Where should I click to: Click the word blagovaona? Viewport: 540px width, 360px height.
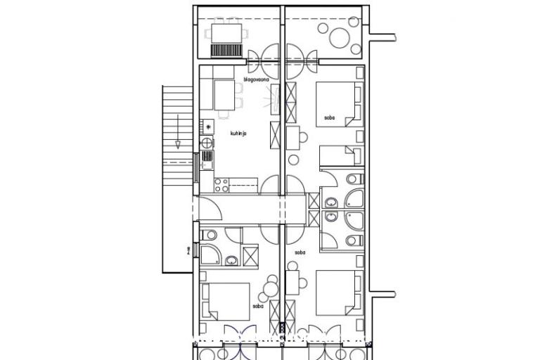click(x=258, y=79)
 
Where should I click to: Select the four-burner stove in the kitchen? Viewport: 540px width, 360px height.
click(x=221, y=185)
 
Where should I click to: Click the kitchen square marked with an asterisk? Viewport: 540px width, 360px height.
click(x=208, y=127)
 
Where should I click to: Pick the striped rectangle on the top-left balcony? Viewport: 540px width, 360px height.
click(x=226, y=50)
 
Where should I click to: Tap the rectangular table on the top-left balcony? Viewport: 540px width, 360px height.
click(x=226, y=32)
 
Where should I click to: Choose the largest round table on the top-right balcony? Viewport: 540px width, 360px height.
click(x=339, y=37)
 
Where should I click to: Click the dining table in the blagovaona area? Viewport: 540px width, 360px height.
click(x=226, y=93)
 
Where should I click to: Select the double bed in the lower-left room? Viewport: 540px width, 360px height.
click(x=226, y=301)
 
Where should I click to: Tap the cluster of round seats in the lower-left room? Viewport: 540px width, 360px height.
click(x=270, y=285)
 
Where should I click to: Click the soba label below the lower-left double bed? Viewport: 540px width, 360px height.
click(x=256, y=307)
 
